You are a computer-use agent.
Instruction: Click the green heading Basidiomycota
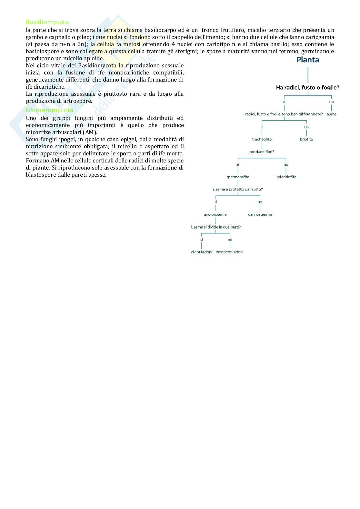(x=47, y=22)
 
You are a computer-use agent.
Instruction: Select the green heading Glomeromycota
(x=49, y=110)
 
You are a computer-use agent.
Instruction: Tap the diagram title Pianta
(x=308, y=60)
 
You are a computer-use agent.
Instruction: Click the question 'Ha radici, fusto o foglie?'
(x=308, y=87)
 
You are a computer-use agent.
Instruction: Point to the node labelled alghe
(x=331, y=114)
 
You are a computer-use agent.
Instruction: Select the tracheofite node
(x=262, y=139)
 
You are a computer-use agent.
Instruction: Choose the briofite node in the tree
(x=306, y=139)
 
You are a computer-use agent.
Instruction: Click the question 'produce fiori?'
(x=262, y=152)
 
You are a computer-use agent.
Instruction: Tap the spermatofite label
(x=238, y=177)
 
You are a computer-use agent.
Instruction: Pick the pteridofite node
(x=286, y=177)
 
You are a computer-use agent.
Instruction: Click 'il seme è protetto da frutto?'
(x=238, y=189)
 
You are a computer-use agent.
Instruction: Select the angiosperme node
(x=215, y=214)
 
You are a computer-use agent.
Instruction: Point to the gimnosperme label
(x=260, y=214)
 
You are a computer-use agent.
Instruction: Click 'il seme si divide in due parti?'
(x=215, y=227)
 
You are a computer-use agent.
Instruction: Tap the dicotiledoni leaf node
(x=202, y=252)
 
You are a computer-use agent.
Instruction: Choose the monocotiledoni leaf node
(x=229, y=252)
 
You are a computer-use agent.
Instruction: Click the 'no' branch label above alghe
(x=331, y=102)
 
